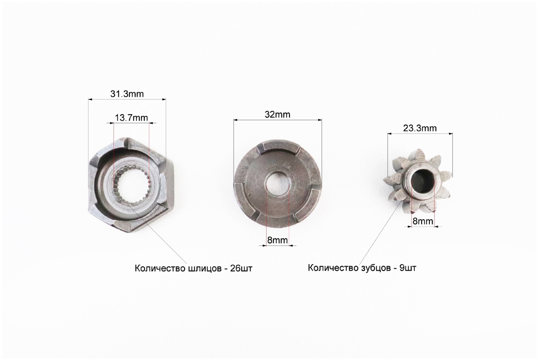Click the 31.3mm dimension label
point(127,94)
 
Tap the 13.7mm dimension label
point(131,118)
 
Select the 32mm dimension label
point(277,115)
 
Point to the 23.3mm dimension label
point(420,128)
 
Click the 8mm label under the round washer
point(277,240)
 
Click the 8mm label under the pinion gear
point(423,221)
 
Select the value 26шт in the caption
point(241,269)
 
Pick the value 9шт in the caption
point(408,268)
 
